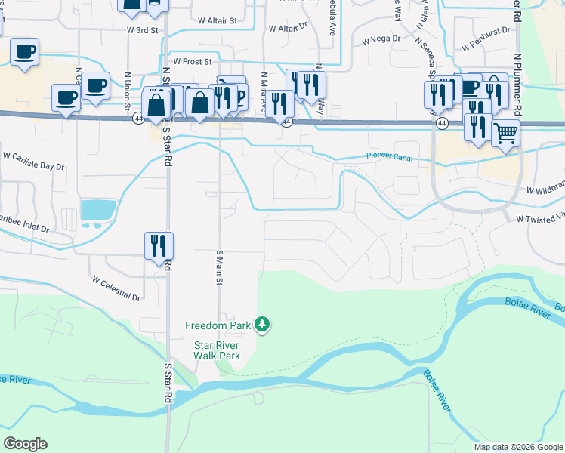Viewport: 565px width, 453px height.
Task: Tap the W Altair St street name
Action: (217, 22)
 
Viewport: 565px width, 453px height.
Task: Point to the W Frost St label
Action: (193, 61)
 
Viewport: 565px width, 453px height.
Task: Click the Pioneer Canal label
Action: (388, 156)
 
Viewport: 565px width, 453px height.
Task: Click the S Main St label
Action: (221, 267)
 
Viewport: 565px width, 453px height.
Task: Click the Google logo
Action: (25, 444)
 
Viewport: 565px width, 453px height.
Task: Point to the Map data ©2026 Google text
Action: (518, 447)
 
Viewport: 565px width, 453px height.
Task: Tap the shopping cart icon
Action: (506, 134)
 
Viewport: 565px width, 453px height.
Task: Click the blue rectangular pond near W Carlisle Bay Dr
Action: (98, 209)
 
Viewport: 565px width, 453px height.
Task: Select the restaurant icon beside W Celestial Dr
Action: (159, 245)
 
